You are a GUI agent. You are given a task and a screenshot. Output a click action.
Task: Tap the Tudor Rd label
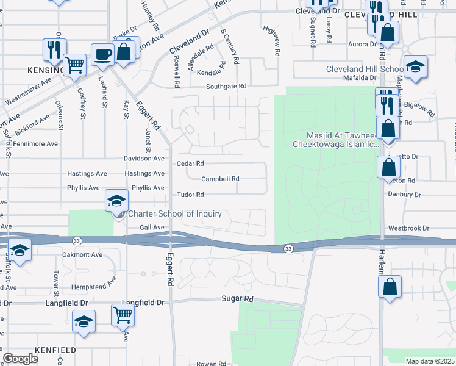[x=190, y=195]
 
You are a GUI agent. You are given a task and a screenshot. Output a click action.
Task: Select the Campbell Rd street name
[x=220, y=179]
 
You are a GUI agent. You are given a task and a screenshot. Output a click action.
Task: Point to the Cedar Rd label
[x=190, y=163]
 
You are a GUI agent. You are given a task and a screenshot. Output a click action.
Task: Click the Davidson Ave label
[x=144, y=158]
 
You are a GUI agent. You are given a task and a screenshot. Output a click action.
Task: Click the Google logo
[x=20, y=359]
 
